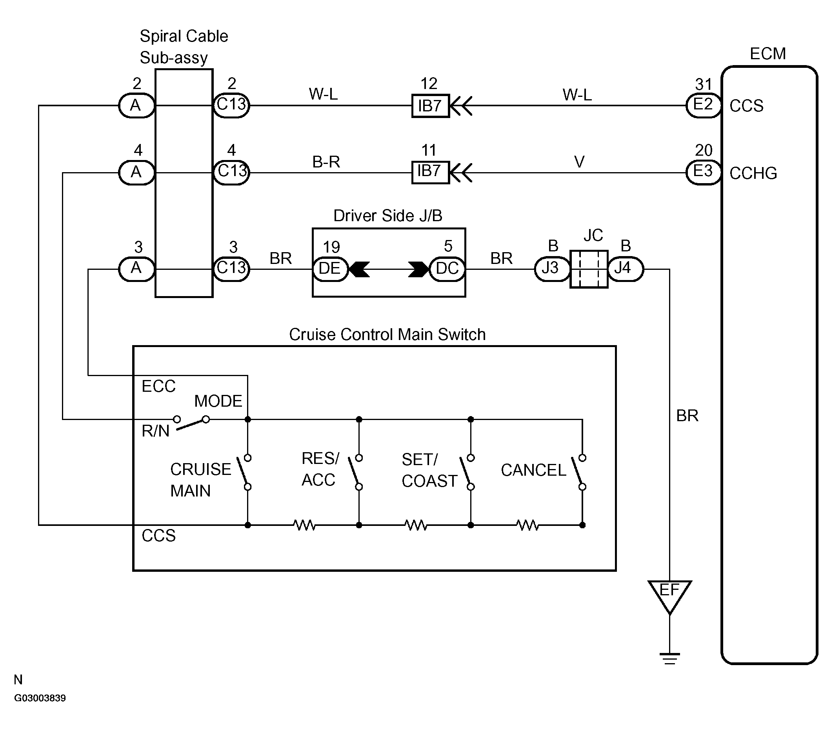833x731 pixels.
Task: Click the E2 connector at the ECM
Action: tap(704, 105)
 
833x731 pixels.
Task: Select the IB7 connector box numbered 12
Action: tap(430, 106)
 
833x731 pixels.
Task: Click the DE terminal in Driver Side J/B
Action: tap(331, 269)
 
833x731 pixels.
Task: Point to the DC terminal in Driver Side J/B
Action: tap(447, 269)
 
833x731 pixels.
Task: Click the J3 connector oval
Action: tap(552, 269)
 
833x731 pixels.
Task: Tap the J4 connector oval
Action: tap(626, 269)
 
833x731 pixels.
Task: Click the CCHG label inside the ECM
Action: tap(753, 174)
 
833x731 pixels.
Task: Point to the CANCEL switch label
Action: tap(533, 470)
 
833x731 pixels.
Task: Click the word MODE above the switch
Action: tap(218, 401)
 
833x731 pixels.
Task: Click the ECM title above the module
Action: tap(768, 54)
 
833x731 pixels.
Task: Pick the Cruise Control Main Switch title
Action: tap(387, 335)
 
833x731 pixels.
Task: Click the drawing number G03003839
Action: tap(40, 698)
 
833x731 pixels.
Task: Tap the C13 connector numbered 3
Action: tap(231, 269)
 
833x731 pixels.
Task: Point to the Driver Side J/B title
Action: tap(387, 216)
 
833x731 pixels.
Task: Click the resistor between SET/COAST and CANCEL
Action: tap(527, 525)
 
